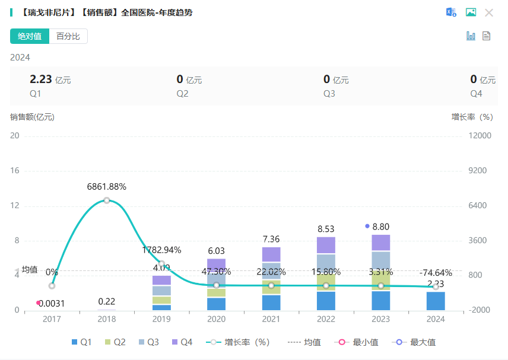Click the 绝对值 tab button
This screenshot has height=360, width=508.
click(30, 36)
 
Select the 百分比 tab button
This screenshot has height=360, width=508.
click(68, 36)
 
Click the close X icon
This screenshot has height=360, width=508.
click(489, 12)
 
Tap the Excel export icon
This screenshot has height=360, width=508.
click(452, 12)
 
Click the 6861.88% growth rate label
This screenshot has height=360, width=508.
click(107, 186)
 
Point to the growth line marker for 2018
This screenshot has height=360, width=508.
click(107, 200)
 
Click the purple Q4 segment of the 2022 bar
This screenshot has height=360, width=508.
click(326, 245)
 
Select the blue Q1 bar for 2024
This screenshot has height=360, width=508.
click(436, 301)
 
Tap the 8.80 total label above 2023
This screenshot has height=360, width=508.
click(381, 227)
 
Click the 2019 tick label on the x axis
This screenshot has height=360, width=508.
click(161, 319)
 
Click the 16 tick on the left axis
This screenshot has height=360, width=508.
click(15, 171)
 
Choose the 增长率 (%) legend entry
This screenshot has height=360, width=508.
click(239, 342)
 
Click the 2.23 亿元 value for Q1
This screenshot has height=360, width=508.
click(50, 79)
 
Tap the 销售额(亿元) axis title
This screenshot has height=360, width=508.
click(32, 117)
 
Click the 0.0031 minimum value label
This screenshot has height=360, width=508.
click(52, 304)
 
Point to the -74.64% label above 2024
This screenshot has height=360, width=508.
click(436, 273)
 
